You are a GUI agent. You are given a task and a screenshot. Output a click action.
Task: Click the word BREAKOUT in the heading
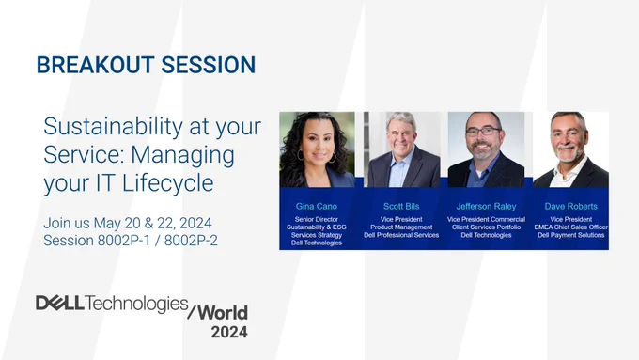tap(95, 65)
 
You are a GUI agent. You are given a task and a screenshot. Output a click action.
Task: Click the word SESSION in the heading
tap(209, 65)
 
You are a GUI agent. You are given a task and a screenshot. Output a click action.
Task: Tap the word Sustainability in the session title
tap(113, 127)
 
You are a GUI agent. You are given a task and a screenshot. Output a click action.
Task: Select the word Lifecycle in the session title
tap(168, 182)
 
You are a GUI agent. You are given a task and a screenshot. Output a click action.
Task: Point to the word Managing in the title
tap(182, 155)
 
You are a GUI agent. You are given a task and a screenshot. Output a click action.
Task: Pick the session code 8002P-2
tap(191, 241)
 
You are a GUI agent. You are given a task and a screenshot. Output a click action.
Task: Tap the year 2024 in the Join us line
tap(195, 224)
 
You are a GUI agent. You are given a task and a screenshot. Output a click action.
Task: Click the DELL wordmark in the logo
tap(60, 303)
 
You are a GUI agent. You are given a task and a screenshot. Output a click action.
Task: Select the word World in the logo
tap(223, 313)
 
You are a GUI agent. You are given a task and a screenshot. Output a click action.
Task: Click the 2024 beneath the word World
tap(229, 332)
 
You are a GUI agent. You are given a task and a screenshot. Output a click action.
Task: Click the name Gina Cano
tap(317, 206)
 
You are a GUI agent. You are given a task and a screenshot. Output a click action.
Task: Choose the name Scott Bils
tap(401, 206)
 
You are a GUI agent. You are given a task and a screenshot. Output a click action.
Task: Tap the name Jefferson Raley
tap(486, 206)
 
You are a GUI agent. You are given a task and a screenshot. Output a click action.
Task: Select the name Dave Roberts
tap(571, 206)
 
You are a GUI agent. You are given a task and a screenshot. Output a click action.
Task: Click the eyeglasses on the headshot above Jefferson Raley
tap(483, 132)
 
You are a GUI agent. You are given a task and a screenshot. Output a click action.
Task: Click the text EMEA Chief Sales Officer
tap(571, 227)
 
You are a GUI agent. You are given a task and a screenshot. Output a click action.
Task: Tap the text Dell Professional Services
tap(401, 235)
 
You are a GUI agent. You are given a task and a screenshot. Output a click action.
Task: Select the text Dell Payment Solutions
tap(571, 235)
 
